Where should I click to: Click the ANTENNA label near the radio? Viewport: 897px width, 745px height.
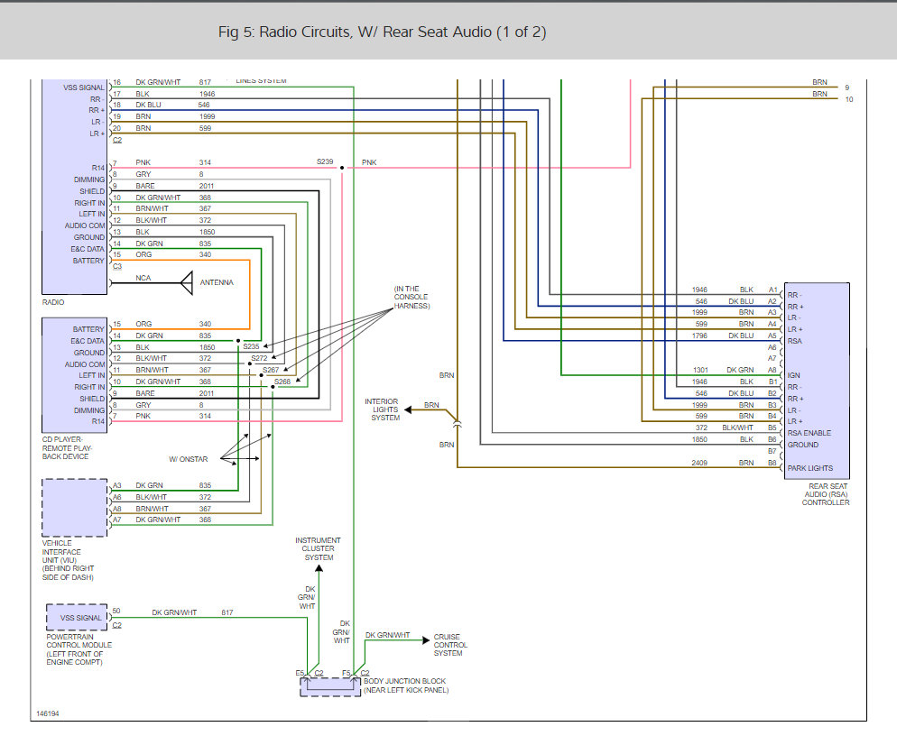[217, 282]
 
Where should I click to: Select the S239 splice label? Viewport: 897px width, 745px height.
[325, 161]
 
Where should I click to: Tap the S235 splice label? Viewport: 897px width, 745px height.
[251, 345]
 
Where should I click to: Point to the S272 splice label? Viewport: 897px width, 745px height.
[259, 358]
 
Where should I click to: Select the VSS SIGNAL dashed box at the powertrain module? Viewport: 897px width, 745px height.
[76, 618]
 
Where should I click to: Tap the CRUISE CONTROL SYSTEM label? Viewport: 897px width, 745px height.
[450, 644]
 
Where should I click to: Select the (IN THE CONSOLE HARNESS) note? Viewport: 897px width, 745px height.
[412, 298]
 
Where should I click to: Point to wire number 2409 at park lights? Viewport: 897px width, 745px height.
[699, 462]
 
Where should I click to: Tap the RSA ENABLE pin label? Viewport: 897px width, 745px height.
[809, 433]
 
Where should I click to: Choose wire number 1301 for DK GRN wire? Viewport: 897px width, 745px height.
[699, 369]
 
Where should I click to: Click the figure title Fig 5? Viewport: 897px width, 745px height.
[382, 32]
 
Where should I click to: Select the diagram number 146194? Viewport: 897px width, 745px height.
[49, 713]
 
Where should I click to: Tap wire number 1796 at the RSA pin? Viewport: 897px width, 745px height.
[699, 336]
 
